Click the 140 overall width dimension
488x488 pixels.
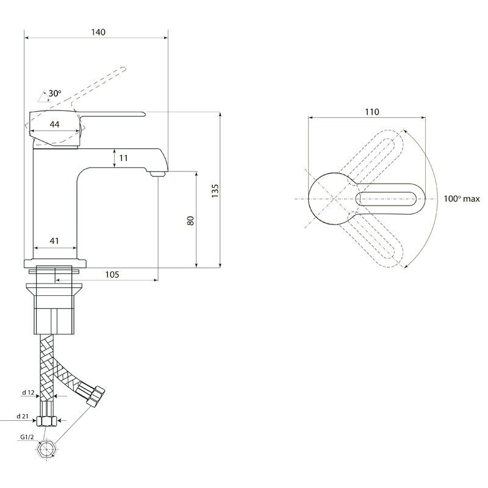pyautogui.click(x=98, y=32)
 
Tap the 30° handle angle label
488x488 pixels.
pyautogui.click(x=55, y=93)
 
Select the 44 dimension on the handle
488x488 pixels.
pyautogui.click(x=54, y=124)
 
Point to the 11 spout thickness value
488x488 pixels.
pyautogui.click(x=124, y=158)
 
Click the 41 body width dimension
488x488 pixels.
pyautogui.click(x=54, y=240)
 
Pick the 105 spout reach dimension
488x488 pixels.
pyautogui.click(x=112, y=274)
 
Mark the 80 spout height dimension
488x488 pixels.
pyautogui.click(x=190, y=221)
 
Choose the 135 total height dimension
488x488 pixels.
pyautogui.click(x=215, y=191)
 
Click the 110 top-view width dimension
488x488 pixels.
pyautogui.click(x=372, y=112)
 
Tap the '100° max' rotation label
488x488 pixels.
pyautogui.click(x=462, y=199)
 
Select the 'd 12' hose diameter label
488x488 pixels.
pyautogui.click(x=28, y=392)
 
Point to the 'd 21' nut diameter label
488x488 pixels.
pyautogui.click(x=23, y=416)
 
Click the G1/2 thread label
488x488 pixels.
pyautogui.click(x=27, y=437)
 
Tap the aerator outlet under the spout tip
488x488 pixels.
pyautogui.click(x=157, y=174)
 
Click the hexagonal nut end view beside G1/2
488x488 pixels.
pyautogui.click(x=46, y=450)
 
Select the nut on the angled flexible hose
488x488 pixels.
pyautogui.click(x=96, y=396)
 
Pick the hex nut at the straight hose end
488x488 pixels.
pyautogui.click(x=46, y=422)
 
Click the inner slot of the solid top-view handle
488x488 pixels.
pyautogui.click(x=386, y=199)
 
